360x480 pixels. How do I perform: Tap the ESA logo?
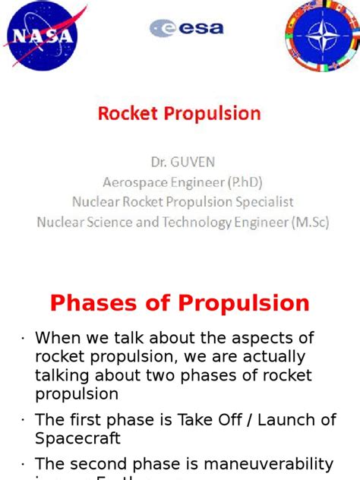click(186, 28)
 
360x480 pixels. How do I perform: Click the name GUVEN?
click(194, 163)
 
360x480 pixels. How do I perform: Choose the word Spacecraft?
click(78, 439)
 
